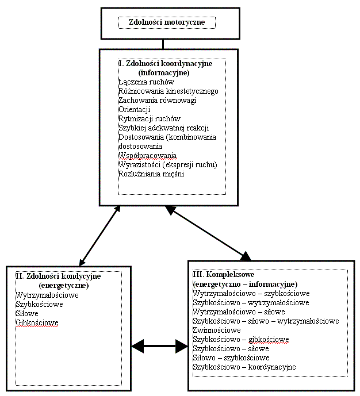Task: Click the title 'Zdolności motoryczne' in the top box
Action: click(x=166, y=22)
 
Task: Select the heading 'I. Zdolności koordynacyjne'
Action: click(x=165, y=64)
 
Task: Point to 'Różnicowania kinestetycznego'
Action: click(x=168, y=91)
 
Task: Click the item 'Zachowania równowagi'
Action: click(x=157, y=101)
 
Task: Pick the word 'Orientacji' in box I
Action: click(x=134, y=110)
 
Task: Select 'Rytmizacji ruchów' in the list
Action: click(x=149, y=119)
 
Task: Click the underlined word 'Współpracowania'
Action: click(x=147, y=156)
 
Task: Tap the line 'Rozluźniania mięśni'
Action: click(x=151, y=174)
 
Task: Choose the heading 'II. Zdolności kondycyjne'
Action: click(x=58, y=276)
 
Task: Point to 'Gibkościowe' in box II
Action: click(x=37, y=323)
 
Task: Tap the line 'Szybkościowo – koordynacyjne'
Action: click(x=244, y=367)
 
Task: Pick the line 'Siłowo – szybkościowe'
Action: click(x=231, y=357)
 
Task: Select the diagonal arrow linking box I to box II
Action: click(x=100, y=234)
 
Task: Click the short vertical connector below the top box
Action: click(x=163, y=44)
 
